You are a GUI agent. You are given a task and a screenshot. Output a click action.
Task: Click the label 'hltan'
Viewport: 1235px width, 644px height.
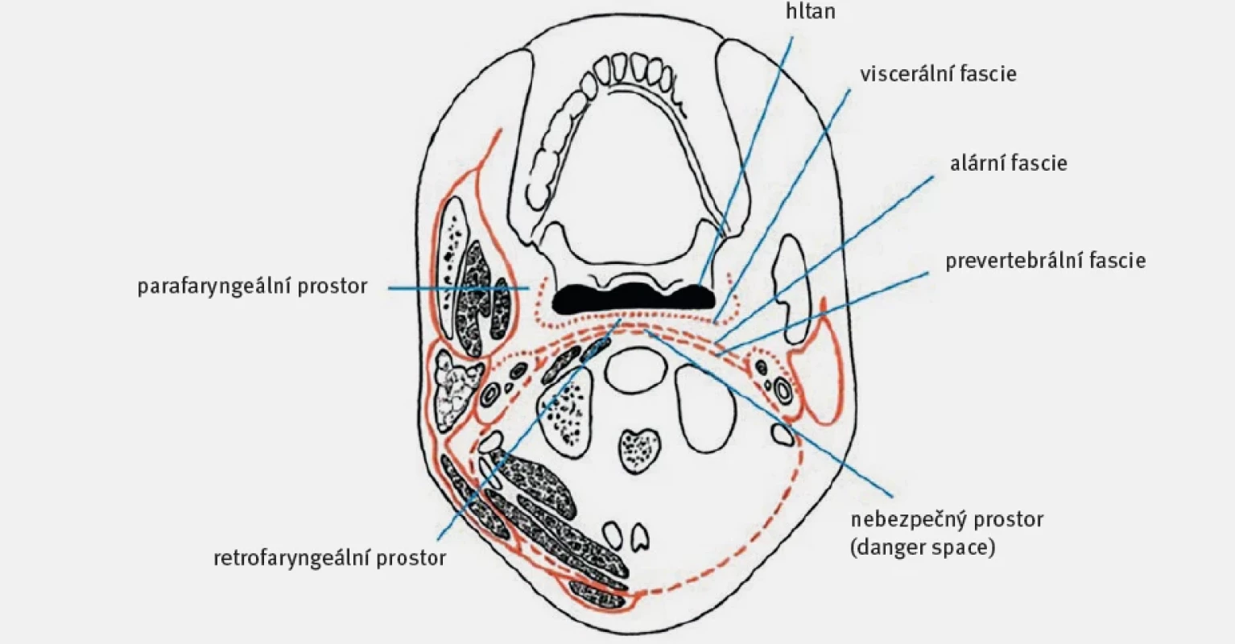point(811,10)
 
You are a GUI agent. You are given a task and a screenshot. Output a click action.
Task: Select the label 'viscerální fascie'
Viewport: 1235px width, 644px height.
point(939,74)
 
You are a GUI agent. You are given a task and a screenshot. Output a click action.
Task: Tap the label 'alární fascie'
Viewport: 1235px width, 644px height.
point(1009,163)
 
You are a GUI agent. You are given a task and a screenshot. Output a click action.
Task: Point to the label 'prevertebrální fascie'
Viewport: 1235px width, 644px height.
point(1046,260)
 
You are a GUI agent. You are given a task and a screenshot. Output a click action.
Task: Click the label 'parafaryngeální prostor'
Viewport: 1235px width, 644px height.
point(253,287)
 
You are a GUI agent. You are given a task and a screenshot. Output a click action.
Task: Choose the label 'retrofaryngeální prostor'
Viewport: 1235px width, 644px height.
point(330,558)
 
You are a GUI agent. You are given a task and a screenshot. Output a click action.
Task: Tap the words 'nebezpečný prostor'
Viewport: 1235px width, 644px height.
point(948,519)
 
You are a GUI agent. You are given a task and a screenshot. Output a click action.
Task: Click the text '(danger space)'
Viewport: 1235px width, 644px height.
point(923,547)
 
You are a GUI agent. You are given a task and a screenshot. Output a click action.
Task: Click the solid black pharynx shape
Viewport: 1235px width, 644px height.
point(634,299)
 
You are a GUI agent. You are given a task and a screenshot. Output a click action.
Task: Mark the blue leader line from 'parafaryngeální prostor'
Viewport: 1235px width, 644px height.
point(459,288)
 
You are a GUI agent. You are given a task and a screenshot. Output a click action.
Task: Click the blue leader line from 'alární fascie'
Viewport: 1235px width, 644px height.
point(824,259)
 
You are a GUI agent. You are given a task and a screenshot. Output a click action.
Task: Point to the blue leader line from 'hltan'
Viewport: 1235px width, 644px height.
point(746,161)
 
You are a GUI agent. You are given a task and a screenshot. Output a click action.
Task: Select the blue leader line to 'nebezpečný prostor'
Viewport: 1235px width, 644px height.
point(769,413)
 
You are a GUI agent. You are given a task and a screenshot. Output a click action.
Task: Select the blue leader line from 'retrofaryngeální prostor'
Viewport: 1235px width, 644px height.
point(529,428)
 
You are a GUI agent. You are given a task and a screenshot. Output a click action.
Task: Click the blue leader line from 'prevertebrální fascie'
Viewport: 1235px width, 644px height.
point(824,312)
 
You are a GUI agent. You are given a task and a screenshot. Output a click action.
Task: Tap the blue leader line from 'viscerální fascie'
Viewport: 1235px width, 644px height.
point(782,206)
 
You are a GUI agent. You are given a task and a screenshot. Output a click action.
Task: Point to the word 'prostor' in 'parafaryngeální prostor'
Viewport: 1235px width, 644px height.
point(332,287)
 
